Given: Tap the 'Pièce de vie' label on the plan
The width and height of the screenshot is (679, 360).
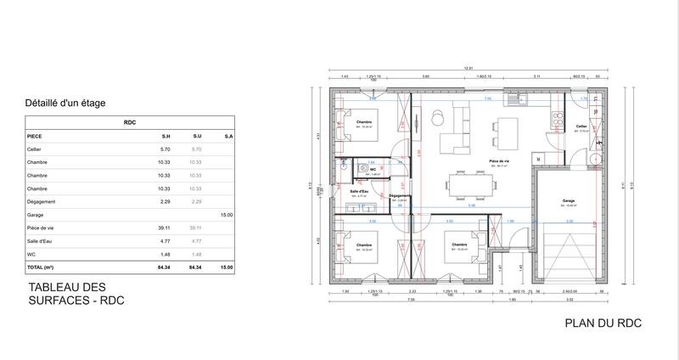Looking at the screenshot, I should click(x=498, y=160).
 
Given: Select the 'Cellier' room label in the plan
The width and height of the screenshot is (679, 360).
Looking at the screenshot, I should click(x=581, y=126).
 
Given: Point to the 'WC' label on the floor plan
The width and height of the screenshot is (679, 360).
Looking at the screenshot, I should click(x=373, y=169).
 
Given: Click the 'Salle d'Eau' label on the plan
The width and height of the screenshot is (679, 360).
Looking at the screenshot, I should click(x=358, y=192).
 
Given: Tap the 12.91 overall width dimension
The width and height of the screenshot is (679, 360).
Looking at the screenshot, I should click(x=467, y=68).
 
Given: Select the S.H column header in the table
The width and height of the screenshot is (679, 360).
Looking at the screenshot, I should click(x=166, y=135).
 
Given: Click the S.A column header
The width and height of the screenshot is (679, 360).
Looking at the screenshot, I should click(x=228, y=135).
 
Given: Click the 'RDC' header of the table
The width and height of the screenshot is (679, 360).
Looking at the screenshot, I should click(x=129, y=121).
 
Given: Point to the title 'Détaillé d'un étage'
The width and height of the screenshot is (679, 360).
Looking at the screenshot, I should click(x=66, y=103).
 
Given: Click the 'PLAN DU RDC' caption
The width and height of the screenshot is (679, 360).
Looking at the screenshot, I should click(x=602, y=323).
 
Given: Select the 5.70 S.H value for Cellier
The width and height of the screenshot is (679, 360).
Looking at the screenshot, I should click(x=166, y=149).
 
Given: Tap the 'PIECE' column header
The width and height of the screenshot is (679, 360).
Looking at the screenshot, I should click(x=36, y=135).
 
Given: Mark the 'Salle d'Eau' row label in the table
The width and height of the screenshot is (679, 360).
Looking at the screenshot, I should click(x=41, y=241).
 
